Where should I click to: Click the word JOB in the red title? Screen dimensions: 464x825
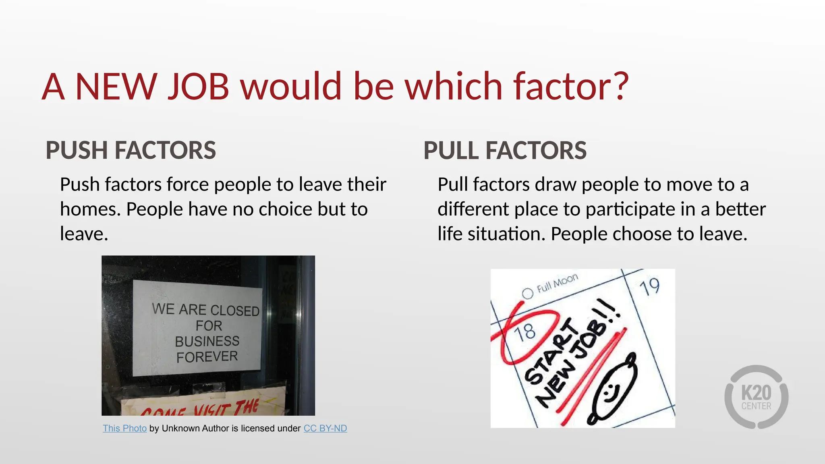pos(199,86)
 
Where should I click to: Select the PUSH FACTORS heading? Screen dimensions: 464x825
pos(131,150)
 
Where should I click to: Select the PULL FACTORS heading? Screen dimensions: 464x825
pos(505,150)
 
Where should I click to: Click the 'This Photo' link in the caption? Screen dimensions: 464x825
pos(124,428)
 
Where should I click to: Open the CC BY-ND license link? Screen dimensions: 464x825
pos(325,428)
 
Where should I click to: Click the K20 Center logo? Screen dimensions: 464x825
pos(756,397)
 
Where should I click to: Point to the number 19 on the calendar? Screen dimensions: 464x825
pos(649,287)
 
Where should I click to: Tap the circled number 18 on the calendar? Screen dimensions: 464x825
pos(525,332)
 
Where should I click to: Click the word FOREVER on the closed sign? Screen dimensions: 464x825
pos(207,357)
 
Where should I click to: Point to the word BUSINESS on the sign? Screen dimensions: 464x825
pos(207,341)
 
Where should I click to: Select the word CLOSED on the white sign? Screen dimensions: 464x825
pos(235,311)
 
